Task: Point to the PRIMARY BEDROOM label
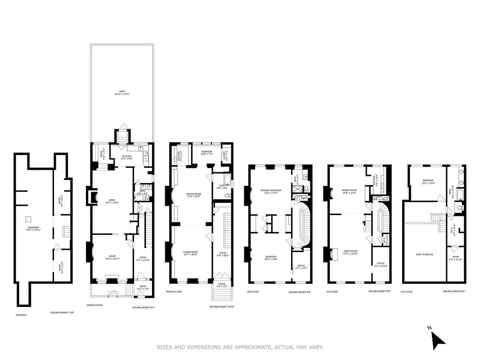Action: [271, 191]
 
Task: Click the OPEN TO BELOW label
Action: [424, 255]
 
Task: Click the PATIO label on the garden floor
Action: [143, 287]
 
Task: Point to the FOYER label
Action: [223, 253]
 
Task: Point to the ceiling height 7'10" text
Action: [62, 312]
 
